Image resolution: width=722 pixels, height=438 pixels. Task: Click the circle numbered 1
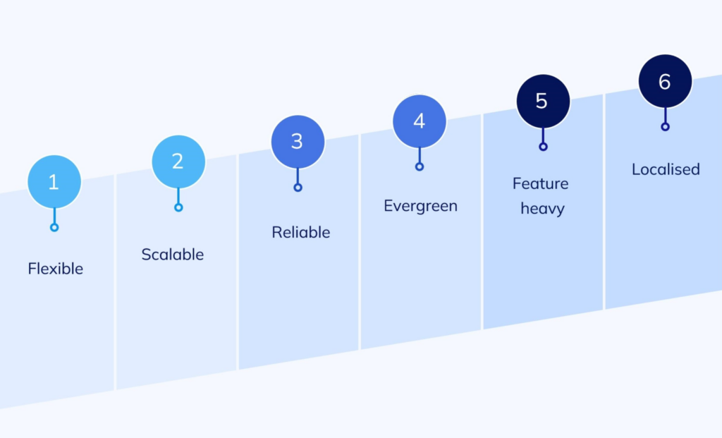click(x=54, y=182)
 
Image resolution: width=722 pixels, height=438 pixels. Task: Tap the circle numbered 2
click(x=178, y=162)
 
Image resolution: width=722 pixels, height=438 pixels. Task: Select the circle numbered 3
click(x=298, y=142)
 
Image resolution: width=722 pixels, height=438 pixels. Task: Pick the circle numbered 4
click(x=420, y=121)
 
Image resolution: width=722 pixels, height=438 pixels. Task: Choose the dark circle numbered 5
click(x=544, y=102)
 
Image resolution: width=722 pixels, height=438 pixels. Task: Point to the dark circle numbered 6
click(x=666, y=81)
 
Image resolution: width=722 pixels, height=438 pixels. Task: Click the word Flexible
click(x=55, y=269)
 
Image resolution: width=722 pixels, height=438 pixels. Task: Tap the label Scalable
click(x=173, y=254)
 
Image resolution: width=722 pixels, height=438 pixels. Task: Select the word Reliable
click(x=300, y=232)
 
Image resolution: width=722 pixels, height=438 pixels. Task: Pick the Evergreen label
click(x=420, y=206)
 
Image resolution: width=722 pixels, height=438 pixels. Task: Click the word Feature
click(x=541, y=183)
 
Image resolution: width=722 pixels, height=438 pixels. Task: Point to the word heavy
click(x=542, y=209)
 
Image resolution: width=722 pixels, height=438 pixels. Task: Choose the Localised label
click(x=666, y=169)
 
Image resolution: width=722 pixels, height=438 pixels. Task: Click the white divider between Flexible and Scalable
click(x=115, y=282)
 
